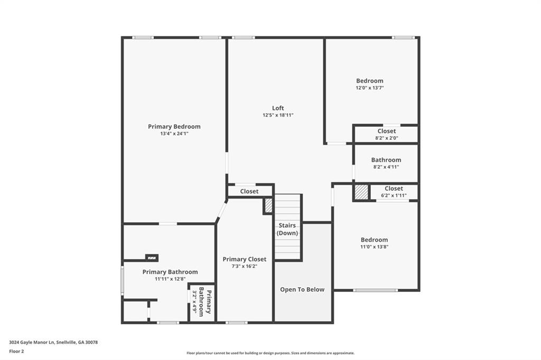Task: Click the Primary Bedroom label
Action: click(x=174, y=127)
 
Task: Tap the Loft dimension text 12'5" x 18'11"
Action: click(x=278, y=115)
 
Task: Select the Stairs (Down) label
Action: click(x=288, y=229)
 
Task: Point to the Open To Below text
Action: click(x=302, y=289)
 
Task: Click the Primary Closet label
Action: click(x=244, y=259)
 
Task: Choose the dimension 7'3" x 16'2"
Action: click(x=244, y=267)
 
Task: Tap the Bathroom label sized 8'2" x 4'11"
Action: click(x=386, y=160)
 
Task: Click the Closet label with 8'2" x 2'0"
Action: click(x=387, y=131)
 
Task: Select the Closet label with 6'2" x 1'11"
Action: click(x=394, y=188)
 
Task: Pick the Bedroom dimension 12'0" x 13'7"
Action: click(x=369, y=88)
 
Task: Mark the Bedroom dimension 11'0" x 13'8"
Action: click(x=374, y=247)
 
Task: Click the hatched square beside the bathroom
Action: click(x=361, y=192)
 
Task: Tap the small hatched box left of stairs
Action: click(x=268, y=205)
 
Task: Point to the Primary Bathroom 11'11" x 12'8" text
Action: click(x=170, y=279)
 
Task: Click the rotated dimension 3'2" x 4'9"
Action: click(x=194, y=302)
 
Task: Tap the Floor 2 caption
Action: click(x=16, y=350)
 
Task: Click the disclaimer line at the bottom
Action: click(x=270, y=353)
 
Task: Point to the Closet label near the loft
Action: click(x=249, y=191)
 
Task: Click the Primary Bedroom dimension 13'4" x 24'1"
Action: click(x=174, y=134)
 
